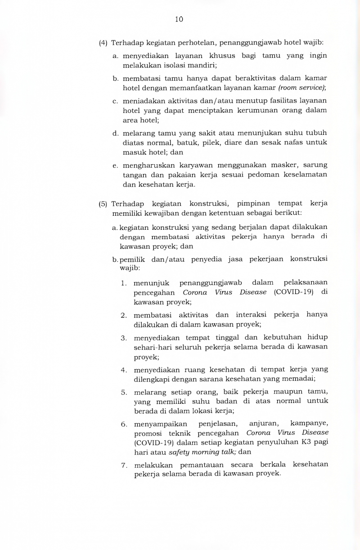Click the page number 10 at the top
tap(179, 19)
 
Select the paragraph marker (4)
tap(103, 43)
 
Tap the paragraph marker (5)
tap(103, 204)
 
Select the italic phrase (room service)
tap(302, 87)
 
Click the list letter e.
tap(115, 165)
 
